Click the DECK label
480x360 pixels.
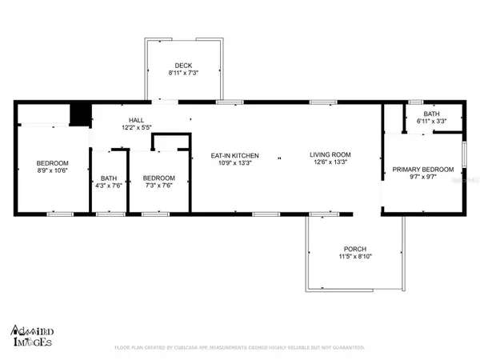click(x=184, y=66)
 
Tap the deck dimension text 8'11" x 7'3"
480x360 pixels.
click(x=184, y=73)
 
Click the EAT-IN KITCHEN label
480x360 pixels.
click(x=234, y=155)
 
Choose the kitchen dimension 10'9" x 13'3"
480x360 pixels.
click(x=234, y=162)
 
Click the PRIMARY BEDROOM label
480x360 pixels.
click(x=422, y=170)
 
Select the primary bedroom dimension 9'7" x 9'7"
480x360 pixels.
click(x=422, y=177)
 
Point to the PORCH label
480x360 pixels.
click(x=354, y=249)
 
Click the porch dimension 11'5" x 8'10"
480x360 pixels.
click(x=354, y=257)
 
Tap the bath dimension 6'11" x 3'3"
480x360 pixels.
click(x=431, y=122)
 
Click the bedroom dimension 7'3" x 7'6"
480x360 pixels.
click(x=158, y=185)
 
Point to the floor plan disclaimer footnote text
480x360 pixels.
click(x=240, y=348)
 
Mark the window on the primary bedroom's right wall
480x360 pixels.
click(x=463, y=152)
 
